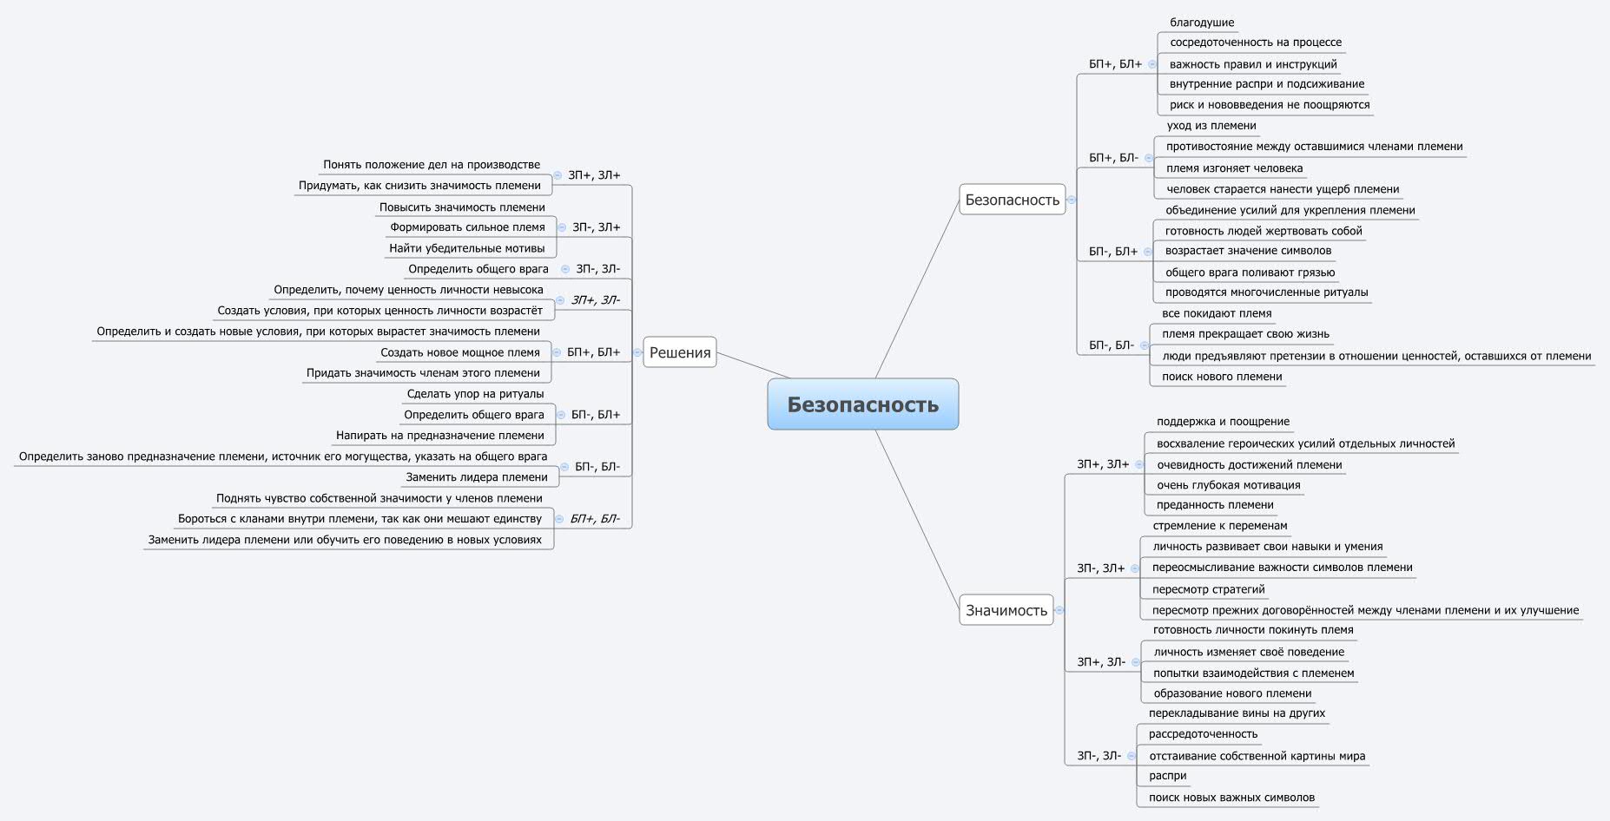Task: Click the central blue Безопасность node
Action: click(862, 404)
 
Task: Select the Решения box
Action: click(680, 352)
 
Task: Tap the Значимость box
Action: click(1006, 610)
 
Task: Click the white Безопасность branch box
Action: click(1012, 200)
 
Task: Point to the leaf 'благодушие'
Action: click(1202, 23)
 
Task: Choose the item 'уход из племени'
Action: click(1211, 126)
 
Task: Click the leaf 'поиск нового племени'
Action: click(1222, 377)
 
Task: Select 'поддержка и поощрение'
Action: click(1223, 422)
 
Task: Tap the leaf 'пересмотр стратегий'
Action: click(1208, 589)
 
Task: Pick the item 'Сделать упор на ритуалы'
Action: click(475, 394)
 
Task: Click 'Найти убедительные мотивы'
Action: click(467, 248)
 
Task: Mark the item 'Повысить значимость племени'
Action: click(462, 207)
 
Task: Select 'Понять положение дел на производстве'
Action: click(432, 165)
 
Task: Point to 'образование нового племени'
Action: click(1232, 693)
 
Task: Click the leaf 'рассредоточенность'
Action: click(1203, 734)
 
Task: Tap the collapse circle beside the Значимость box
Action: click(1059, 610)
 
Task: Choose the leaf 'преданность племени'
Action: click(1215, 505)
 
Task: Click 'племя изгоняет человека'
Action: click(1234, 168)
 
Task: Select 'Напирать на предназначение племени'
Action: click(440, 436)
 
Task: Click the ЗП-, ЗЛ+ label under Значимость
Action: click(1100, 568)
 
